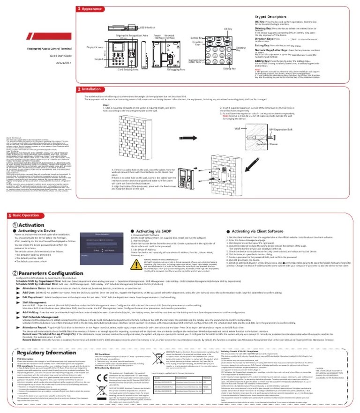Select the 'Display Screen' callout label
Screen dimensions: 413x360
point(95,47)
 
